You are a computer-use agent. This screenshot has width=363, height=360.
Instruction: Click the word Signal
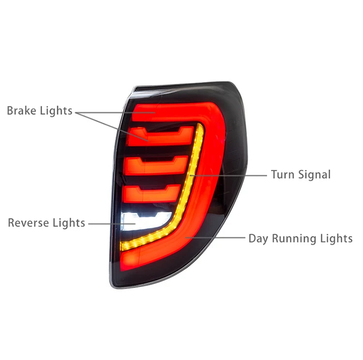coord(313,174)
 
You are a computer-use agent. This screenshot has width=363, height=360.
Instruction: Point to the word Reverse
coord(27,223)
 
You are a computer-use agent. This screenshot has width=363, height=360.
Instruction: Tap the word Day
coord(258,238)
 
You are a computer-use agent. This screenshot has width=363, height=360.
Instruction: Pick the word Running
coord(293,238)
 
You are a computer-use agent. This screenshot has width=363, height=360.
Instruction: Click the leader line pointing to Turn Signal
coord(232,174)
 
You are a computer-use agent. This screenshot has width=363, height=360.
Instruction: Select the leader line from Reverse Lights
coord(104,223)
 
